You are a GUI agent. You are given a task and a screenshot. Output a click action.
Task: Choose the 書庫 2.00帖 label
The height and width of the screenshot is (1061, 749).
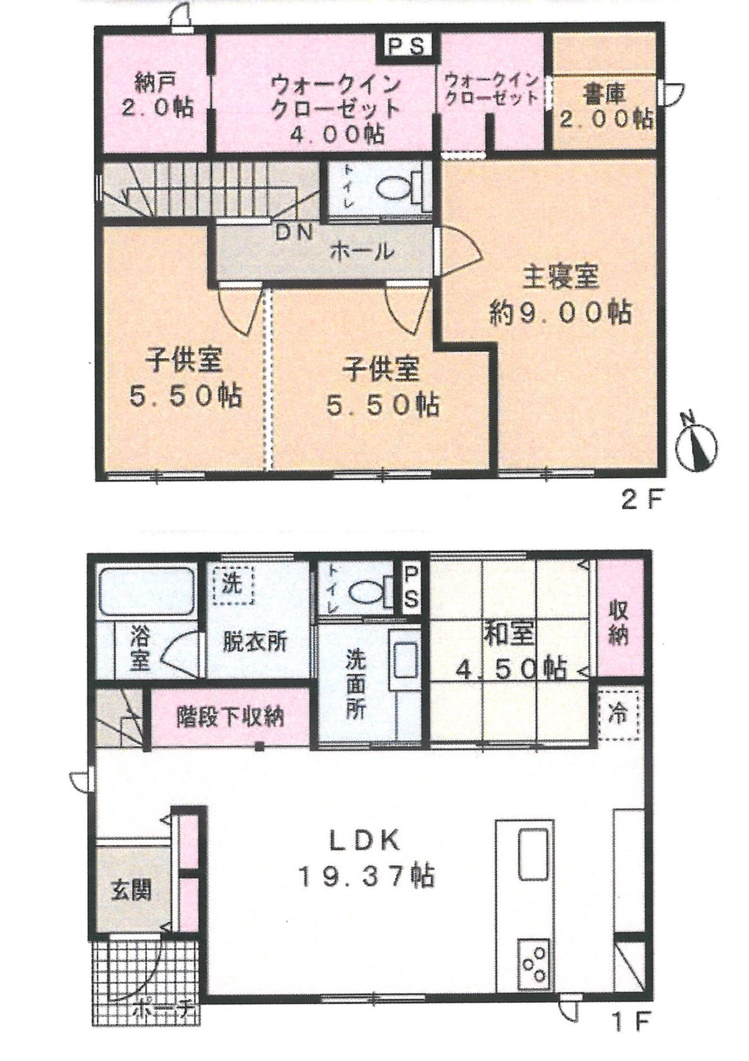604,107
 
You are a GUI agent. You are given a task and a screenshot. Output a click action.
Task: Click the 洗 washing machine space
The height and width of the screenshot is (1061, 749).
233,586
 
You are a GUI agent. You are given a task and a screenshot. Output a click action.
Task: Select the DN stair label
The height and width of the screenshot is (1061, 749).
295,232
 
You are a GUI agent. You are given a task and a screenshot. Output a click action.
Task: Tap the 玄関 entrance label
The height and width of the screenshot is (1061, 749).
132,890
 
